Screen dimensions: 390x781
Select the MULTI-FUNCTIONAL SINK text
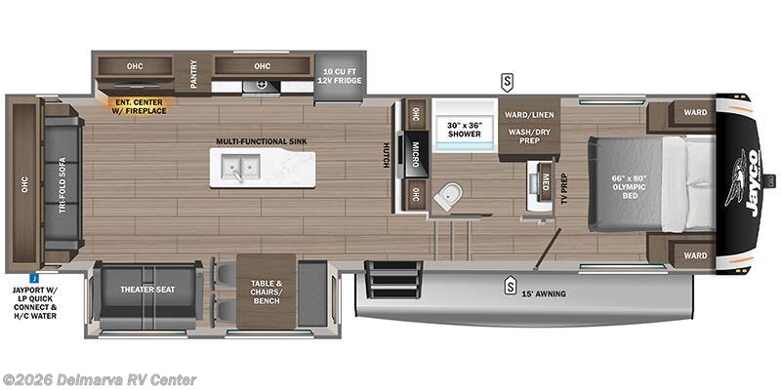[262, 141]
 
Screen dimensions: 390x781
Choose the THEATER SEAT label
[146, 289]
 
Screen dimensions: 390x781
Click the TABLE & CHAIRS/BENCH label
[266, 291]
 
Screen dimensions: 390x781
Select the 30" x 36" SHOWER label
[465, 129]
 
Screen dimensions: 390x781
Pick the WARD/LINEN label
[529, 113]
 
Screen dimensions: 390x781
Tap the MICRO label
[415, 153]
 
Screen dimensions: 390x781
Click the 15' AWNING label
[543, 292]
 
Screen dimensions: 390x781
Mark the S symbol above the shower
[508, 80]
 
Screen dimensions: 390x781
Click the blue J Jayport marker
[34, 277]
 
